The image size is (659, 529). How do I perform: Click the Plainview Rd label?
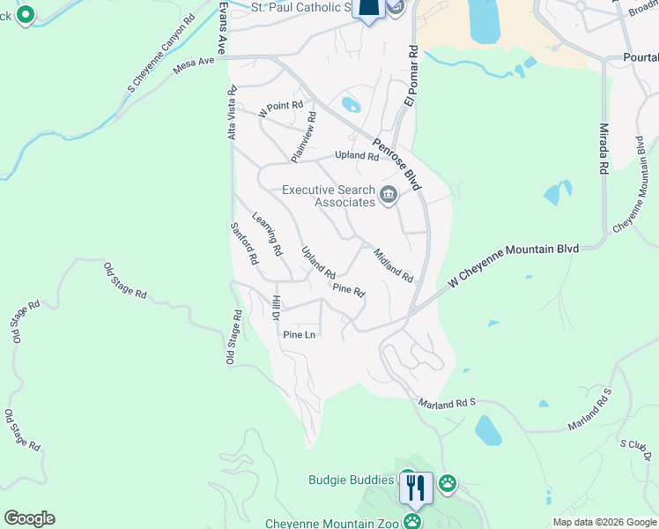[303, 136]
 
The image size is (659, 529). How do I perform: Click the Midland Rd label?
[393, 264]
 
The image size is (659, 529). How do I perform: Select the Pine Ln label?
[299, 335]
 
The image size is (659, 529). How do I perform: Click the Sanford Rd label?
[244, 243]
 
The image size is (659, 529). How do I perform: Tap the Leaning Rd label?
[267, 234]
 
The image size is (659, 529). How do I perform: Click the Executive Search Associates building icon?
[388, 195]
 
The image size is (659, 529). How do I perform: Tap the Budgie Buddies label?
[351, 481]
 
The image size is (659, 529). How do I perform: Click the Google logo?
[29, 518]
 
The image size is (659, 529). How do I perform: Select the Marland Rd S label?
[447, 402]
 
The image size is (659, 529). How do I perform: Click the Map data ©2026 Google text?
[605, 522]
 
